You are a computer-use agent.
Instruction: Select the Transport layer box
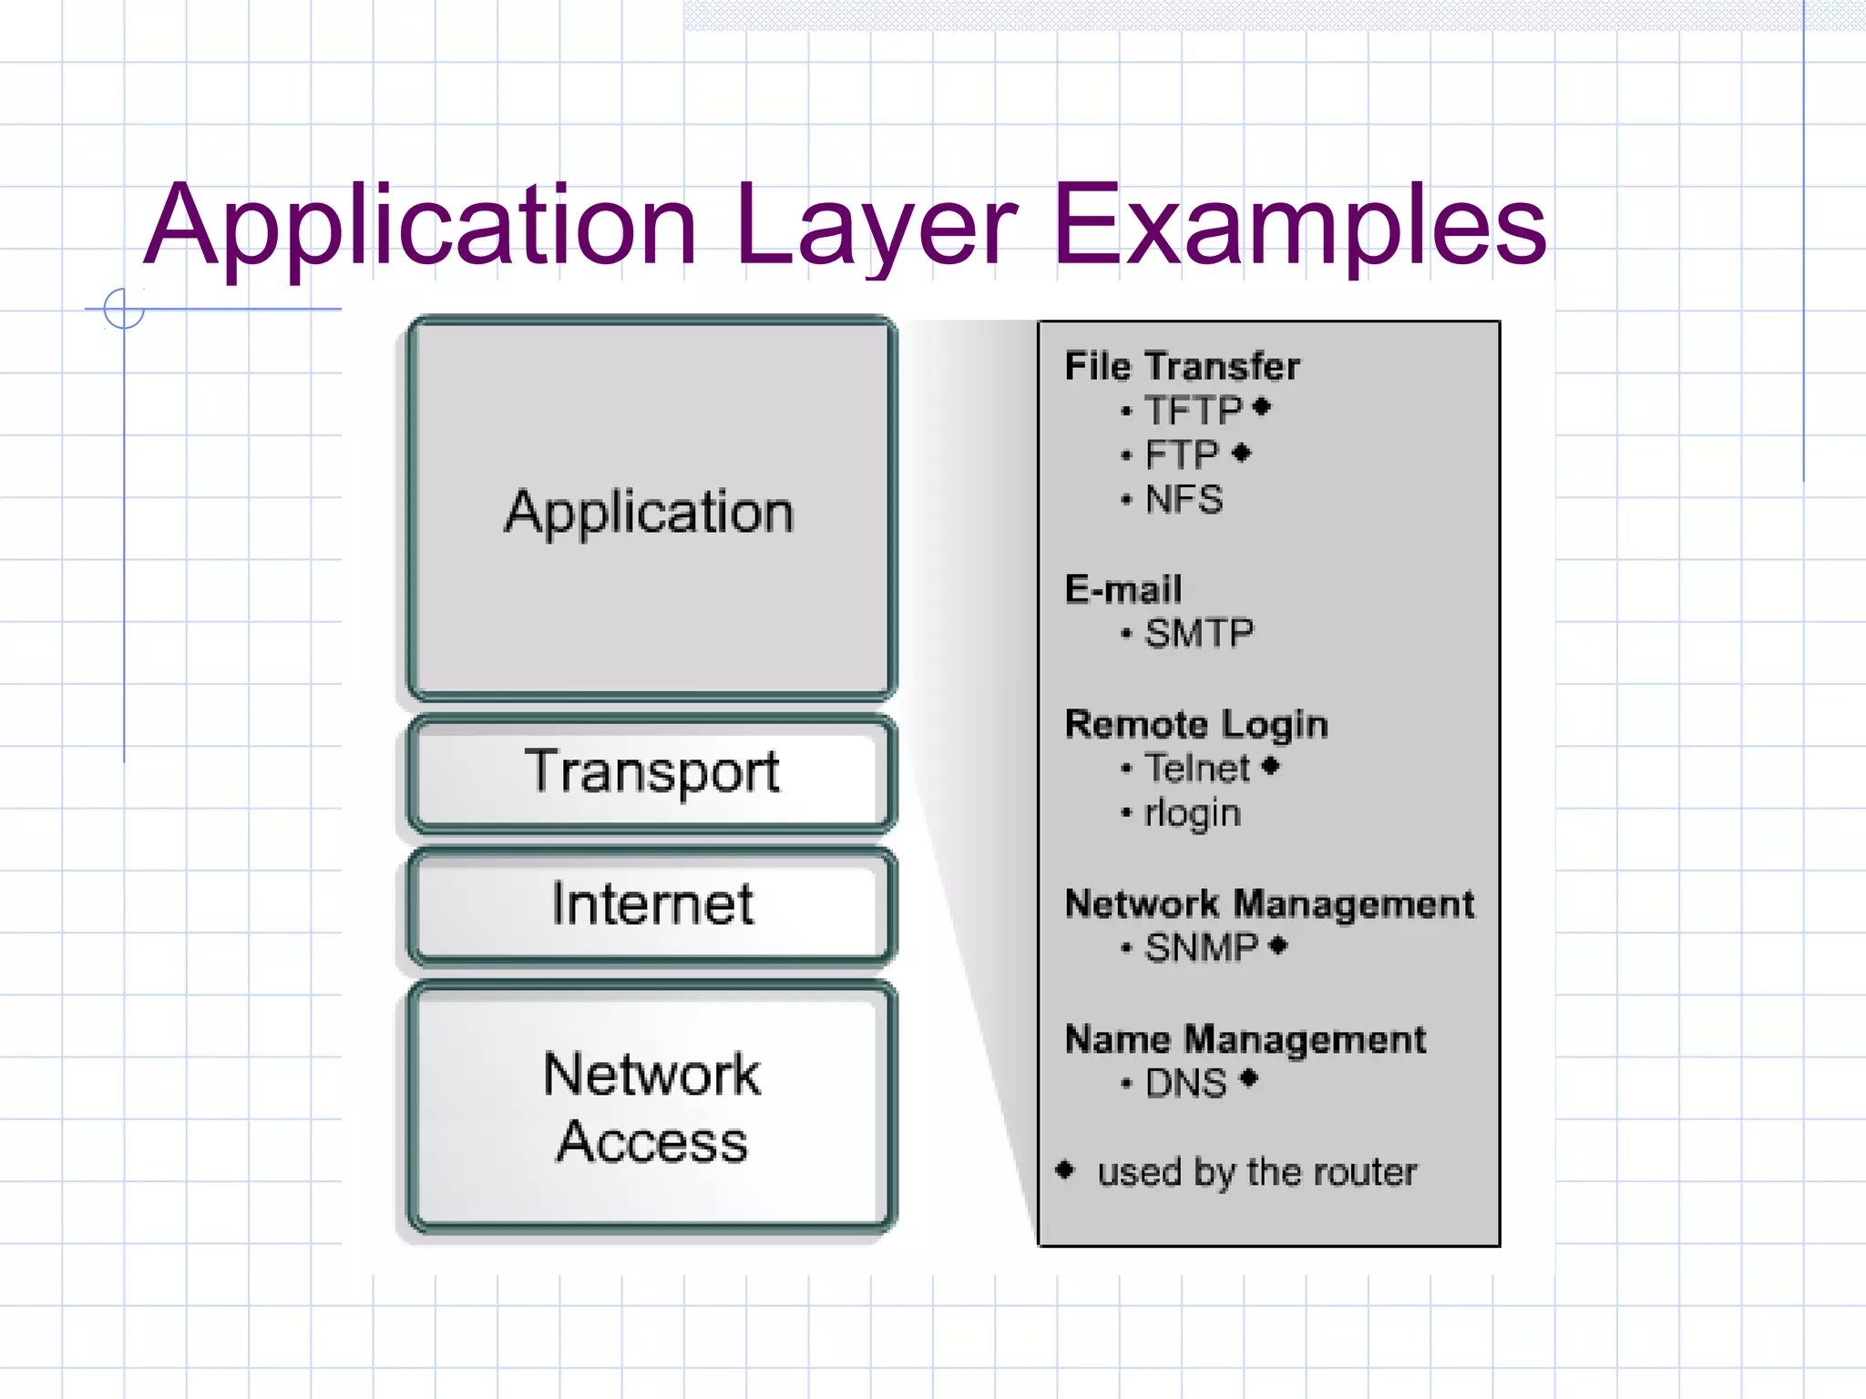(x=651, y=773)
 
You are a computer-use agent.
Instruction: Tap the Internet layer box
(x=651, y=905)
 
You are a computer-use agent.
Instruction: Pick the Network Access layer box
(x=651, y=1107)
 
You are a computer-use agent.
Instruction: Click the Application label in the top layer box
(x=650, y=513)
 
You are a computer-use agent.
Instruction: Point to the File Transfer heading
(x=1182, y=366)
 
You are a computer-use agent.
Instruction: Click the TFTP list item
(x=1193, y=411)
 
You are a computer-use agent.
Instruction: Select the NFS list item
(x=1184, y=499)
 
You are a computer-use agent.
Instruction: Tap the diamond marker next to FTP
(x=1241, y=453)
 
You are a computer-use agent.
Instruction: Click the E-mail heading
(x=1123, y=589)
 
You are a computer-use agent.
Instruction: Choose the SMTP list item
(x=1198, y=633)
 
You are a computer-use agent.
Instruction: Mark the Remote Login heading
(x=1196, y=724)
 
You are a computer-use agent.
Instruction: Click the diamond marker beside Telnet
(x=1271, y=767)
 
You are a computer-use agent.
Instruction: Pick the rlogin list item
(x=1193, y=812)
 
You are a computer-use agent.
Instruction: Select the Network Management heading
(x=1269, y=904)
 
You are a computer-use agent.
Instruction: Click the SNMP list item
(x=1201, y=947)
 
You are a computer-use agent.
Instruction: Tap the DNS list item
(x=1185, y=1083)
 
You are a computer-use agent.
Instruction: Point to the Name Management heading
(x=1246, y=1039)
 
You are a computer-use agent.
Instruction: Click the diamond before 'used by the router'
(x=1064, y=1169)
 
